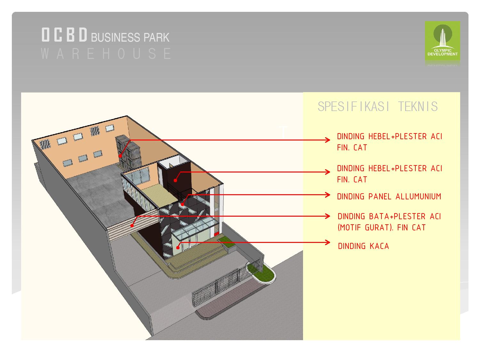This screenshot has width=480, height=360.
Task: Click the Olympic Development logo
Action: coord(442,41)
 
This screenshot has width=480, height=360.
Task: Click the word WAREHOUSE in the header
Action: coord(106,53)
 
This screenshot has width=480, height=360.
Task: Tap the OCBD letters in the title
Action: coord(64,35)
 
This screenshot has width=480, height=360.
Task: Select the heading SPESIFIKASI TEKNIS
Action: coord(378,107)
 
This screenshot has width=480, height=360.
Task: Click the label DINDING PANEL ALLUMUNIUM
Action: coord(389,196)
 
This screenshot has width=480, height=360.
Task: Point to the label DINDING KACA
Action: coord(364,246)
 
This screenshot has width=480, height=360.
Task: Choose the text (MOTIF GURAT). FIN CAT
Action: coord(382,228)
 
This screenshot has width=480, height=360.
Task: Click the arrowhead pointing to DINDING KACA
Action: coord(328,242)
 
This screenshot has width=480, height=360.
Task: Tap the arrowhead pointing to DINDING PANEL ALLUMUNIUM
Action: coord(328,195)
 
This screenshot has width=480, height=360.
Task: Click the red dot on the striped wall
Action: coord(132,226)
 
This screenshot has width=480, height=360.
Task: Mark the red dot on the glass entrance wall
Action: coord(178,247)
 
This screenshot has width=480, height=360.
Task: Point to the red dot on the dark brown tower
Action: coord(175,180)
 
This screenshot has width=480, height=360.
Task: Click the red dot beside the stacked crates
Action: coord(120,156)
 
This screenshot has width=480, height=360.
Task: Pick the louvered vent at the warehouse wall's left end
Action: coord(45,144)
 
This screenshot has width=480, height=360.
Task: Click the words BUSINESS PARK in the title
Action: coord(130,37)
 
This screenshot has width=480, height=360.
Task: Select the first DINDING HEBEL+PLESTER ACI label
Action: coord(389,137)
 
